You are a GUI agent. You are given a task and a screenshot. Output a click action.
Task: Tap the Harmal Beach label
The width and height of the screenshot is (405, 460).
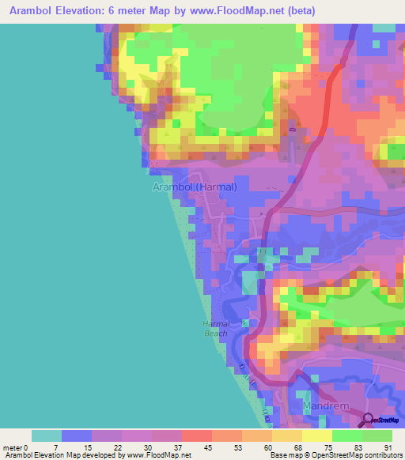pos(215,329)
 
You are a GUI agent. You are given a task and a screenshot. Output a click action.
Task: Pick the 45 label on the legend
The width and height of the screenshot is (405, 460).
pos(206,447)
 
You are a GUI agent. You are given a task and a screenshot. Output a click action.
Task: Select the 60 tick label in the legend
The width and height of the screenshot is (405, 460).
pos(267,447)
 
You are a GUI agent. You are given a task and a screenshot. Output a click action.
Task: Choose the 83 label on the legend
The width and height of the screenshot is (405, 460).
pos(358,447)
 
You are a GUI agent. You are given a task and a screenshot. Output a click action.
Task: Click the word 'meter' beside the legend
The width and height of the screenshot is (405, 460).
pos(12,447)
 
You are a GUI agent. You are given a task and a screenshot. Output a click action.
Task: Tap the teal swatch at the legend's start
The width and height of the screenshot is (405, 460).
pos(47,435)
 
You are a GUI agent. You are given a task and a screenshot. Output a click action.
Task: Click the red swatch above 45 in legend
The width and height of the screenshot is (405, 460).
pos(195,435)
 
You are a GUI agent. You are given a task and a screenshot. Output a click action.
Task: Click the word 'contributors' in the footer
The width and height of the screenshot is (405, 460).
pos(377,455)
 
